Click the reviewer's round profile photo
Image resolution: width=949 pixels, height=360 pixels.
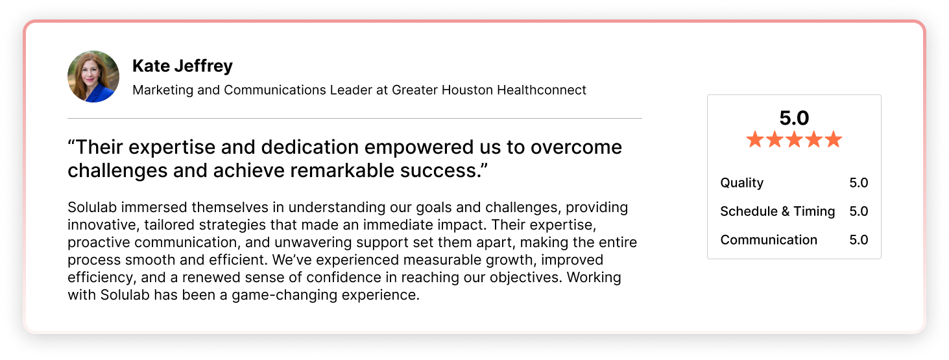click(x=93, y=77)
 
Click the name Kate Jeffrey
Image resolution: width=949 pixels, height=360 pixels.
click(x=182, y=66)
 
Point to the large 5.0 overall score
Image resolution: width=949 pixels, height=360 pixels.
click(x=794, y=118)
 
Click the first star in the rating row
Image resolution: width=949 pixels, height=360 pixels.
click(x=755, y=139)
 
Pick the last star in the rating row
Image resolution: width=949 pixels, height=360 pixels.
click(x=834, y=139)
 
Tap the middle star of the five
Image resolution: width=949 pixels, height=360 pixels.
click(x=795, y=139)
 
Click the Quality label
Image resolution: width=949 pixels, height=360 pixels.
click(x=742, y=183)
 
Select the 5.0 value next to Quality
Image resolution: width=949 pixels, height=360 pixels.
click(x=859, y=183)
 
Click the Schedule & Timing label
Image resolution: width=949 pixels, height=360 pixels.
click(x=777, y=211)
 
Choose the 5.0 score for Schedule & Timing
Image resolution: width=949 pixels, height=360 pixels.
click(x=859, y=211)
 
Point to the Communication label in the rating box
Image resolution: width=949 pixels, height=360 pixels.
click(x=769, y=240)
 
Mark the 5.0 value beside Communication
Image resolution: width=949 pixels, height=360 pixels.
click(x=859, y=240)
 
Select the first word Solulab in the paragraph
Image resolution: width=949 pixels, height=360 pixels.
click(x=92, y=207)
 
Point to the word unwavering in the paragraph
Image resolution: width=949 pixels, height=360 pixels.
click(x=313, y=242)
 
